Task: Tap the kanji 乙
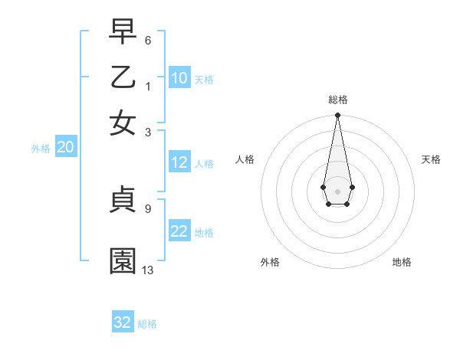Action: [123, 77]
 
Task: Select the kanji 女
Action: [123, 123]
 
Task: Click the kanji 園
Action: [123, 261]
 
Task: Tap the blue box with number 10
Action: [179, 78]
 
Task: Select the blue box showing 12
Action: [179, 162]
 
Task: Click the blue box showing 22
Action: [179, 232]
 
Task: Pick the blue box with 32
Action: [123, 322]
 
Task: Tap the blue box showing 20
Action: [65, 148]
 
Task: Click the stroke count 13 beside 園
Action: [148, 270]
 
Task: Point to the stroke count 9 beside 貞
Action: [147, 207]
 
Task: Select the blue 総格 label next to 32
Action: [147, 324]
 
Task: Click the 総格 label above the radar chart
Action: [337, 100]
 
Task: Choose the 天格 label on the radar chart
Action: [431, 159]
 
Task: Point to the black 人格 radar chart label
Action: [245, 159]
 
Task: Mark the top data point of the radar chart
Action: [337, 116]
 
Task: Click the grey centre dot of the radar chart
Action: [337, 191]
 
